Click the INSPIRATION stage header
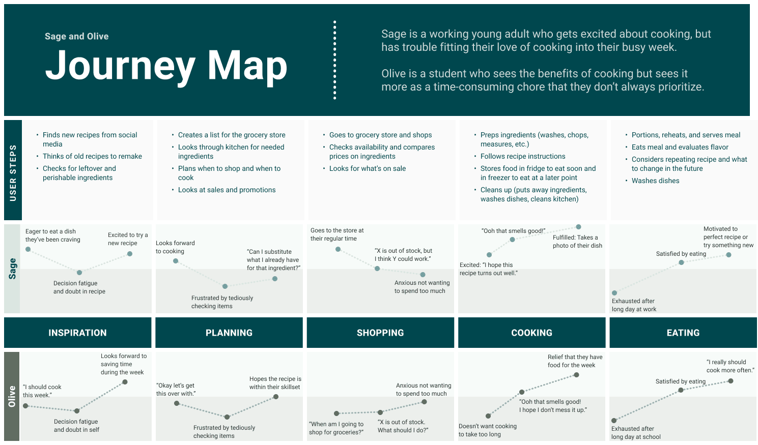(x=77, y=333)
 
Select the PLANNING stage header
(x=229, y=333)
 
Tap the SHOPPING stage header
(x=380, y=333)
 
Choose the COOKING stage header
(x=531, y=333)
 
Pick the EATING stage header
(x=683, y=333)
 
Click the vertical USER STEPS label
(x=13, y=172)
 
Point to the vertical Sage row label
(x=13, y=269)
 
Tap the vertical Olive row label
(x=12, y=396)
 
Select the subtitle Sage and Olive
(x=76, y=36)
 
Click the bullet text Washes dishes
(x=655, y=181)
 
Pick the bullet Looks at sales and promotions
(x=227, y=190)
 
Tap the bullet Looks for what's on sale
(x=367, y=168)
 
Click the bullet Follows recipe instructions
(x=522, y=156)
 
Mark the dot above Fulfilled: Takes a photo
(x=578, y=227)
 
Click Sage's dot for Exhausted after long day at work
(x=614, y=293)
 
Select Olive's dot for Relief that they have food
(x=576, y=375)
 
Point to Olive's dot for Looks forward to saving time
(x=125, y=382)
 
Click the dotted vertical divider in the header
(x=334, y=60)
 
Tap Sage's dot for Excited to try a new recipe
(x=130, y=254)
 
